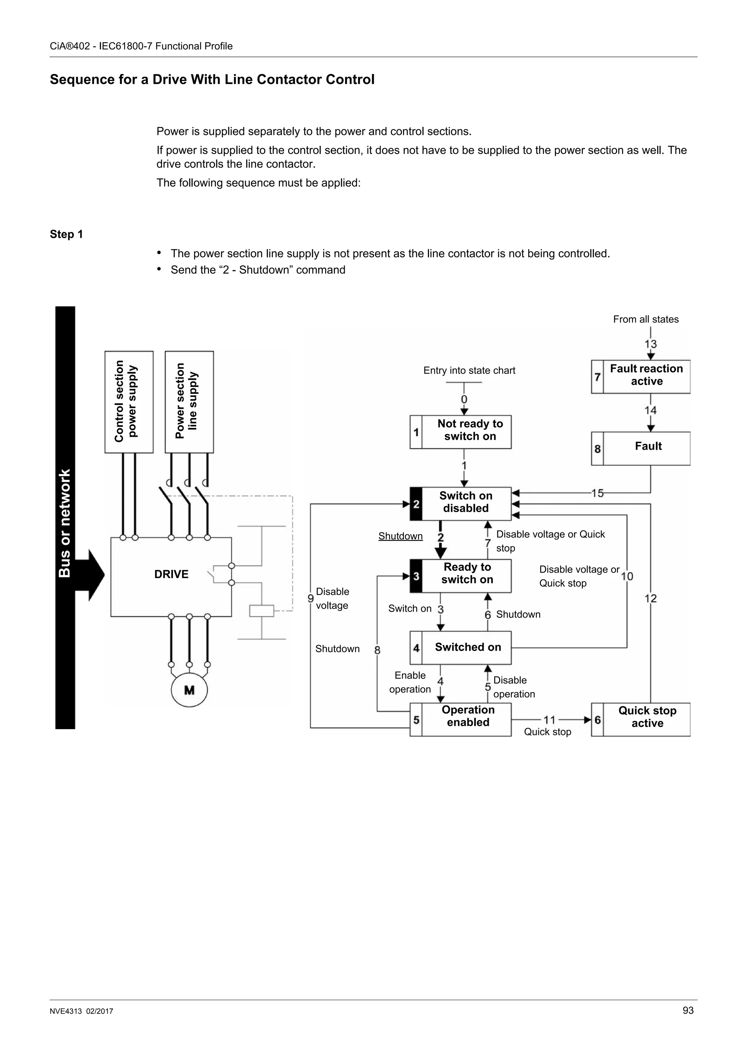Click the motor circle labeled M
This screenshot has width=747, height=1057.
189,690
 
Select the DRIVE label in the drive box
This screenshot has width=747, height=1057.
171,574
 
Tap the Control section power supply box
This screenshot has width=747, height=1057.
129,402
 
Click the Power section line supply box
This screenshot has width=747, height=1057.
189,402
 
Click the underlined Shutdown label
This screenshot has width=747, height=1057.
400,536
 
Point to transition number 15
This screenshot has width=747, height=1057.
597,493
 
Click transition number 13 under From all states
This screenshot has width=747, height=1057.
650,344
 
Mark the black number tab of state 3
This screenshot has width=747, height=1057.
415,576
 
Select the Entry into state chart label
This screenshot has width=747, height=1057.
469,371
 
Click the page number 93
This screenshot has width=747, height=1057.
688,1010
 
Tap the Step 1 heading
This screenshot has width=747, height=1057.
66,234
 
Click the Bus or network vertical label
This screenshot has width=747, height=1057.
65,523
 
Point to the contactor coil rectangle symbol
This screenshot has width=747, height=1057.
262,611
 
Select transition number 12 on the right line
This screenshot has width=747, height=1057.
650,599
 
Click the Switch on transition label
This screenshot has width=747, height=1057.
410,609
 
